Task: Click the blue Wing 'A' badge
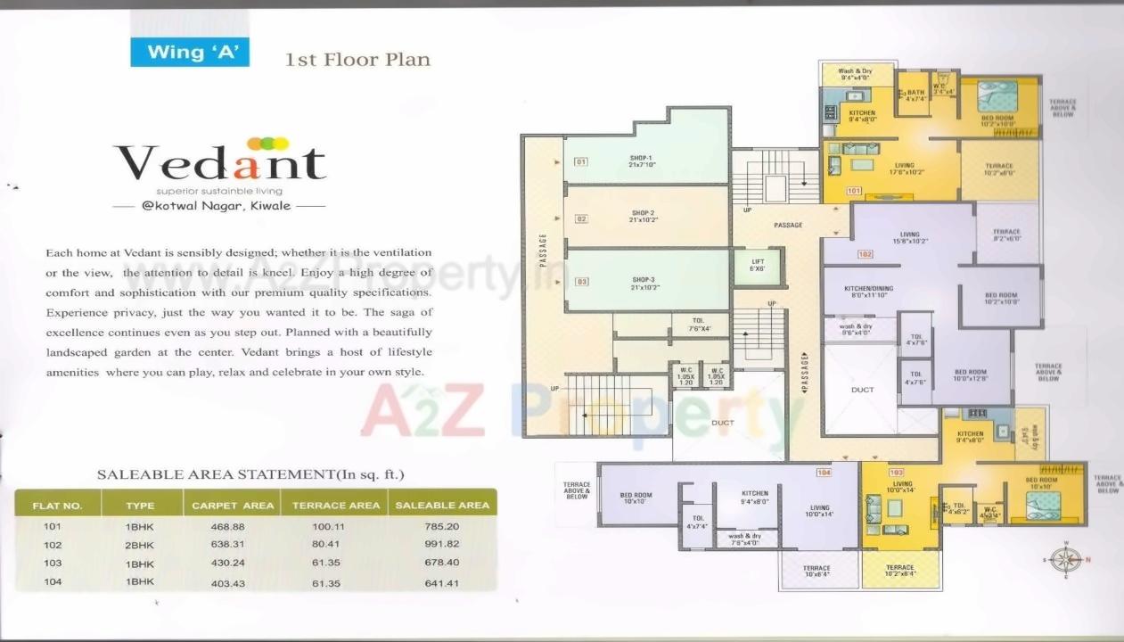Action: tap(190, 52)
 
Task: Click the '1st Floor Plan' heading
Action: tap(357, 61)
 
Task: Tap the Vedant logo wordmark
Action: tap(220, 163)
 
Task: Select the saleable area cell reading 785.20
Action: tap(442, 526)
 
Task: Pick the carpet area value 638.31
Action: tap(233, 544)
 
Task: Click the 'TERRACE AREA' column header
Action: tap(336, 506)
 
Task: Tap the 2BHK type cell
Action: tap(140, 544)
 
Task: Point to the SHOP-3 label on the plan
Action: tap(643, 284)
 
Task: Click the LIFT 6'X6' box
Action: tap(757, 265)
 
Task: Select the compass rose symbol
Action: tap(1064, 559)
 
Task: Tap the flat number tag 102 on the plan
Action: tap(865, 254)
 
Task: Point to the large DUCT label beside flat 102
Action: tap(862, 390)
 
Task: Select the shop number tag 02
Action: tap(580, 218)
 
